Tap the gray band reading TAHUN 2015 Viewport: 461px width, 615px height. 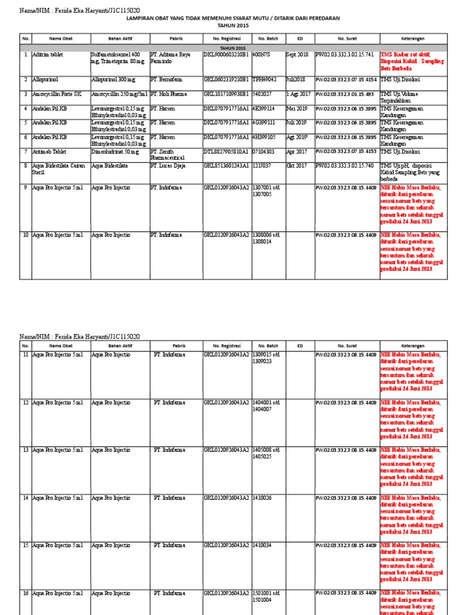pos(233,47)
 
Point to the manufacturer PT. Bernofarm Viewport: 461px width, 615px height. pos(166,79)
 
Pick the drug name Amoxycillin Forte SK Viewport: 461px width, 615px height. pos(56,94)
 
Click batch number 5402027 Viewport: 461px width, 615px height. pos(265,94)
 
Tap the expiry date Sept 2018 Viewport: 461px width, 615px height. pos(297,55)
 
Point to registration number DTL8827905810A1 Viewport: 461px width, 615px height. pos(226,153)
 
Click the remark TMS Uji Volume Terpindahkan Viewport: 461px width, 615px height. pos(402,97)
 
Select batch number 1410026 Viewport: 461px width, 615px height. pos(263,498)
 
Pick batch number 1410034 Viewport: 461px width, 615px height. pos(263,545)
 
